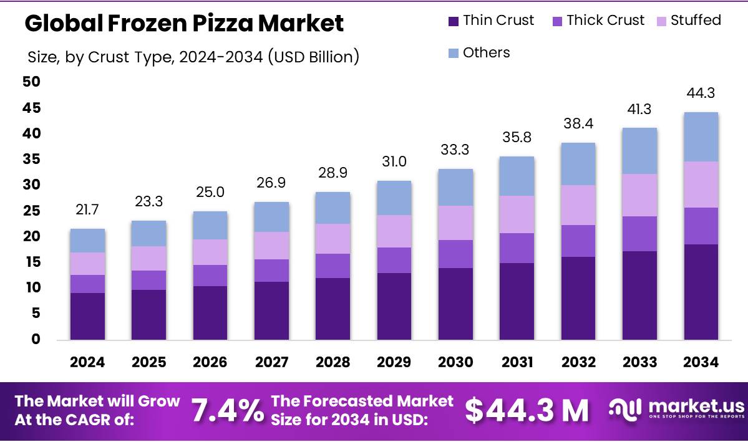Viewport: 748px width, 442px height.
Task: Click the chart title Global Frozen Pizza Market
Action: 184,24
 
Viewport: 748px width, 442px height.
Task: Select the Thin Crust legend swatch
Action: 453,21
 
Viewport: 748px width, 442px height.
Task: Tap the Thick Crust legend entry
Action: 598,21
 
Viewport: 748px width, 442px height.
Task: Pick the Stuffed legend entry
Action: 687,21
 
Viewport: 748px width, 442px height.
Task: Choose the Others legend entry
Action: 479,53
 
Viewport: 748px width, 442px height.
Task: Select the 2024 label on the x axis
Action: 87,362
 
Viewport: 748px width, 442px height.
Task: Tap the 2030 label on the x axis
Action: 455,362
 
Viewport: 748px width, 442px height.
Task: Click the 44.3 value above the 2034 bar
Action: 700,94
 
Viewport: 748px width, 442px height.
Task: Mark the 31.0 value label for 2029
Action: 394,162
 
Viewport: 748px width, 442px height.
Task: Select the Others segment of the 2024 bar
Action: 87,241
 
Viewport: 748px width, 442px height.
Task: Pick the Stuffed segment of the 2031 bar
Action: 517,214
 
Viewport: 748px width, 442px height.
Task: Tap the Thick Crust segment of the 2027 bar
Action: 271,271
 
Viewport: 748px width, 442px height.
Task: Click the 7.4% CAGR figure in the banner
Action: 227,410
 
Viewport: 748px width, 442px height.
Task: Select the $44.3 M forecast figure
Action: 527,410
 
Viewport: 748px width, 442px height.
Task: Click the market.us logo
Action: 676,409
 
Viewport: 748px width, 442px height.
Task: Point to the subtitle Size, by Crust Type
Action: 193,58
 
